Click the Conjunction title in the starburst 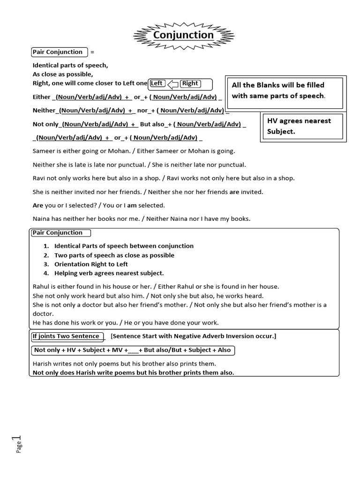pyautogui.click(x=183, y=35)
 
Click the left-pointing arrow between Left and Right pyautogui.click(x=173, y=84)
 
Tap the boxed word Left pyautogui.click(x=157, y=83)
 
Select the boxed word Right pyautogui.click(x=190, y=83)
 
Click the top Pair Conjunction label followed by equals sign pyautogui.click(x=58, y=52)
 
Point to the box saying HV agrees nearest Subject pyautogui.click(x=299, y=126)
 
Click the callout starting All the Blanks pyautogui.click(x=285, y=90)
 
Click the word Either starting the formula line pyautogui.click(x=41, y=97)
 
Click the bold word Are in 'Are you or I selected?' pyautogui.click(x=37, y=205)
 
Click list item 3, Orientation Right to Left pyautogui.click(x=91, y=264)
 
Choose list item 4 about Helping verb pyautogui.click(x=109, y=273)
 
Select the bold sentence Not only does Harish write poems pyautogui.click(x=133, y=373)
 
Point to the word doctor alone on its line pyautogui.click(x=43, y=314)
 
